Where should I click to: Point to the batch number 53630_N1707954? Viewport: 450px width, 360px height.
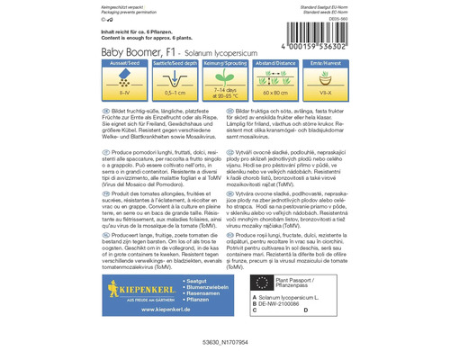[225, 346]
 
